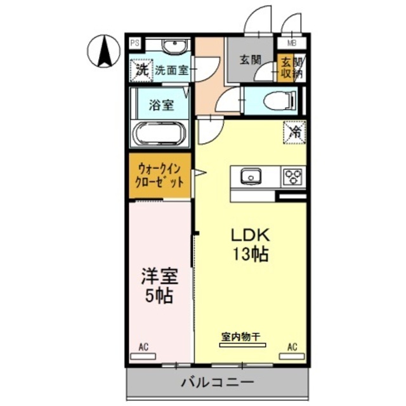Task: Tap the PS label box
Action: (134, 44)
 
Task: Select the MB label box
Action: (291, 44)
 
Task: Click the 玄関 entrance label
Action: (250, 60)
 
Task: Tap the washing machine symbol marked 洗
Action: (142, 69)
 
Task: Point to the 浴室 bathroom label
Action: (162, 105)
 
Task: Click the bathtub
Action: (160, 134)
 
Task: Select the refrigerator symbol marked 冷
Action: (295, 132)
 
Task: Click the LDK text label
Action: (249, 235)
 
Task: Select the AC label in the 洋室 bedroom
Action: (144, 347)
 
